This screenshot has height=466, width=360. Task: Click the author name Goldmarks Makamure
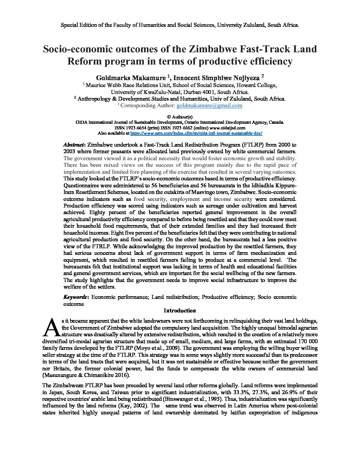pyautogui.click(x=131, y=78)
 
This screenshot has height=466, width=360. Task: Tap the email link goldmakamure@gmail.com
pyautogui.click(x=209, y=106)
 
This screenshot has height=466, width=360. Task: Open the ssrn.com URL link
pyautogui.click(x=196, y=133)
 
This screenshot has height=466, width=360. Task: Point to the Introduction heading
pyautogui.click(x=180, y=310)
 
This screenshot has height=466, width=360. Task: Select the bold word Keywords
pyautogui.click(x=75, y=297)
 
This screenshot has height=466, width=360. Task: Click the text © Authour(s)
pyautogui.click(x=180, y=117)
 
